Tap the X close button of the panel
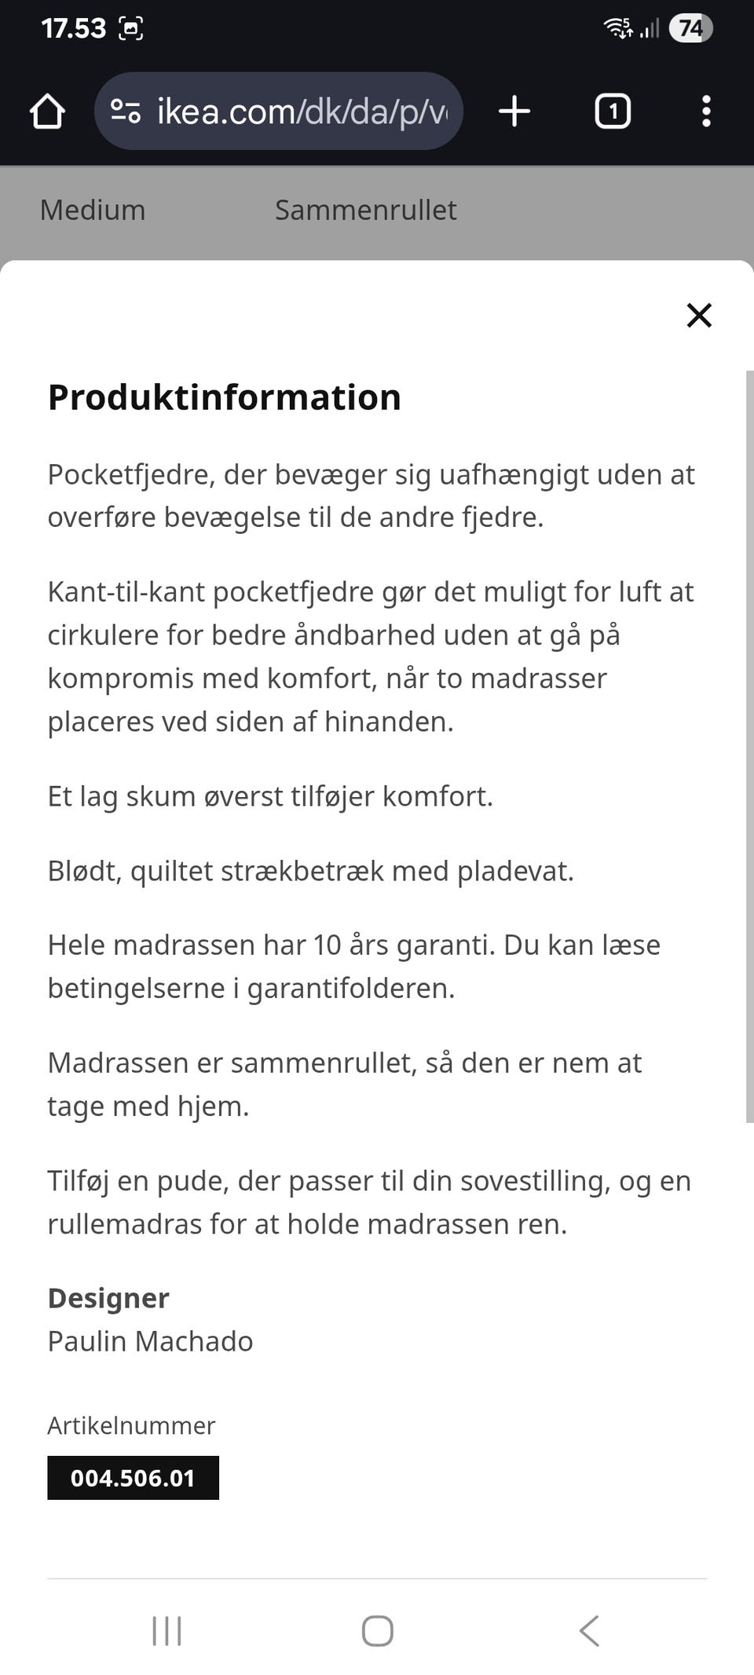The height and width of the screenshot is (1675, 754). (698, 315)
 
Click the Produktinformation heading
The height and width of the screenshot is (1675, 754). (225, 397)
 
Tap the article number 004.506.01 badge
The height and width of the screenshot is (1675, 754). (133, 1478)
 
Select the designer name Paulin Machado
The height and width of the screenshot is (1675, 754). (150, 1341)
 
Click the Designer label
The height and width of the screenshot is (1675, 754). (108, 1298)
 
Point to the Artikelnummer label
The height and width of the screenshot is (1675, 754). (131, 1425)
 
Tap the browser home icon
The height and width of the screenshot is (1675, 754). (47, 111)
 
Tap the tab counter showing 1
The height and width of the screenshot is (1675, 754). (613, 111)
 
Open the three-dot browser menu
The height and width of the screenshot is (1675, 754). (706, 111)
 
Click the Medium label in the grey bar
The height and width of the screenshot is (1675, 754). (93, 210)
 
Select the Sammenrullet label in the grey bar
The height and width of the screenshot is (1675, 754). (365, 210)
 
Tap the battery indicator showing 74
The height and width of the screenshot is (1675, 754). (690, 28)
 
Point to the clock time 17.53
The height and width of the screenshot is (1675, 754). (73, 28)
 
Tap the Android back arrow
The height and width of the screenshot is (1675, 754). (589, 1631)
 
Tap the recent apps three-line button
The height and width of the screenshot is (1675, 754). (167, 1631)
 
